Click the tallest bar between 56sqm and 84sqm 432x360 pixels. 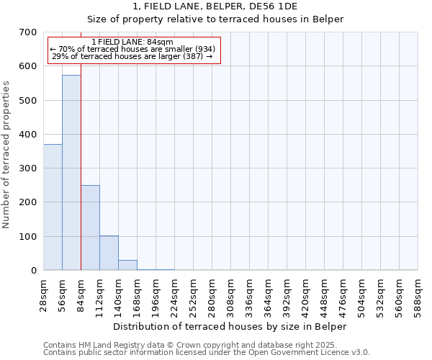pyautogui.click(x=71, y=173)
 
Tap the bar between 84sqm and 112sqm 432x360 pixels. pyautogui.click(x=90, y=228)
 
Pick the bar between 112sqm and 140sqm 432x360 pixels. pyautogui.click(x=109, y=253)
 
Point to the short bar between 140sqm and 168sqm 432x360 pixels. pyautogui.click(x=127, y=265)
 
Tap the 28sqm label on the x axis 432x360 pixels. pyautogui.click(x=44, y=294)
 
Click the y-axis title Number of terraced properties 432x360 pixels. pyautogui.click(x=6, y=154)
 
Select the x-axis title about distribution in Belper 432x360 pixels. pyautogui.click(x=230, y=326)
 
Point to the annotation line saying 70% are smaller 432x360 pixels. pyautogui.click(x=132, y=49)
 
